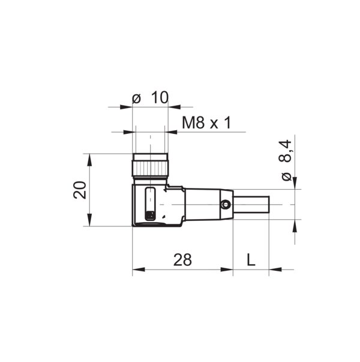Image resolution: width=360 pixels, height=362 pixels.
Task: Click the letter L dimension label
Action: tap(251, 259)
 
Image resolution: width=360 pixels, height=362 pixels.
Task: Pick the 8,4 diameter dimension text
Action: tap(286, 151)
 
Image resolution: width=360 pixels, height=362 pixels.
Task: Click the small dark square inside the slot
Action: tap(151, 214)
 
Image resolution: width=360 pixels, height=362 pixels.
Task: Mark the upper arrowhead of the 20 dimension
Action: tap(89, 158)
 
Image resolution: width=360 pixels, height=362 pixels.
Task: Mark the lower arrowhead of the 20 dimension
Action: tap(89, 222)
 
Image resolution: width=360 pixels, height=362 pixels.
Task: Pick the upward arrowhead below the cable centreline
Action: tap(295, 225)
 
